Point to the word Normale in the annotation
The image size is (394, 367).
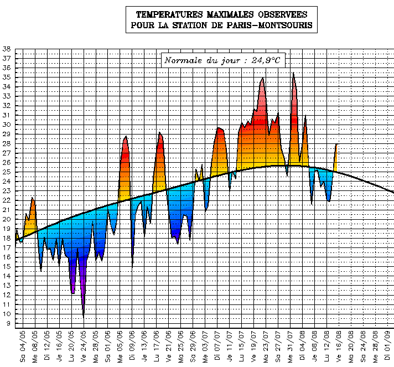[183, 60]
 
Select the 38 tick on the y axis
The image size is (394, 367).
[7, 49]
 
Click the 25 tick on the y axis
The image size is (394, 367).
[7, 172]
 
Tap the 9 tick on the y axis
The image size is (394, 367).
[8, 323]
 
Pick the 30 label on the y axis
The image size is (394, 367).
[7, 125]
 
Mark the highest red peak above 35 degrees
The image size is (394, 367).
[293, 74]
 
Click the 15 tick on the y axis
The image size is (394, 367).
[7, 266]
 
